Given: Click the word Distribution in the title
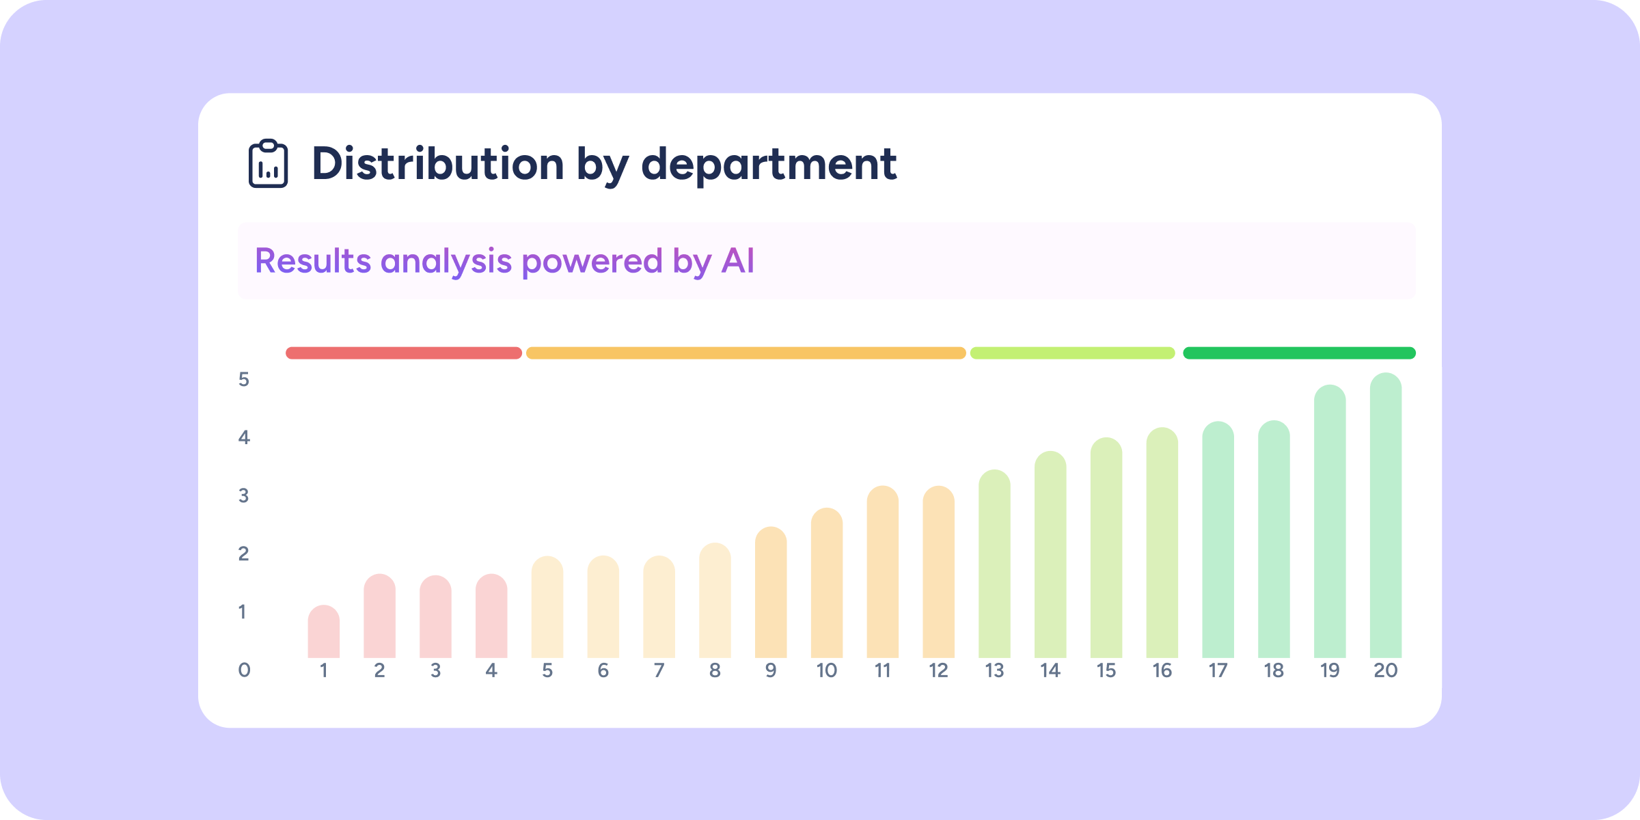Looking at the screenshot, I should pos(437,164).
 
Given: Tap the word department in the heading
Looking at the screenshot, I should pos(769,164).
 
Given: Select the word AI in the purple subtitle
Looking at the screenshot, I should pos(738,261).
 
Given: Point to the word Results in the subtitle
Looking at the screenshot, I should pos(313,261).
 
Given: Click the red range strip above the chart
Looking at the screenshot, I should pos(403,353).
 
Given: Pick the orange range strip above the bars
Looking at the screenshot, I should pos(746,353).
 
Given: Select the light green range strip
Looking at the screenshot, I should pos(1072,353).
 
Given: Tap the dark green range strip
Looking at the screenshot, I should pos(1299,353).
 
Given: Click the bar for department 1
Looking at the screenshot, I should pos(324,632).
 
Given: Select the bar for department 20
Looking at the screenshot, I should pos(1386,516).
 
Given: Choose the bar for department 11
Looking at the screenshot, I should pos(883,572).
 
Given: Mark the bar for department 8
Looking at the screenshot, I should pos(715,601).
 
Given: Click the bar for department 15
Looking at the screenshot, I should pos(1106,548).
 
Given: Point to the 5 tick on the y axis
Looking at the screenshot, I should pos(244,379).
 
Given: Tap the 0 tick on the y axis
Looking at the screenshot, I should pos(244,670).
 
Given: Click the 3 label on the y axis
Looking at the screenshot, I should pos(244,495).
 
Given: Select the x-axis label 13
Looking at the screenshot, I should pos(994,671).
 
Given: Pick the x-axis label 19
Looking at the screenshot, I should pos(1330,671).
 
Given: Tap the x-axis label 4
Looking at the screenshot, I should pos(491,671).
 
